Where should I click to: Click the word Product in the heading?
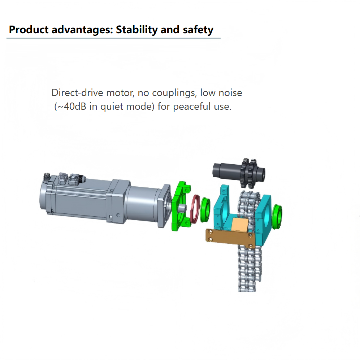click(29, 30)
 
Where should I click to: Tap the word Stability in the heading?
click(136, 30)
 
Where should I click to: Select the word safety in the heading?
click(198, 30)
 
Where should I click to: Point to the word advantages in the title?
click(82, 30)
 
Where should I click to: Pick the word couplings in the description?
click(174, 93)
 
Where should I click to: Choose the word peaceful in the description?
click(192, 107)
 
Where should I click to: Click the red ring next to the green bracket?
click(195, 209)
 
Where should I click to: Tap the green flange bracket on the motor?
click(181, 206)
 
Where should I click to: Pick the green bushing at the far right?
click(277, 217)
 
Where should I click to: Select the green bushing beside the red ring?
click(205, 210)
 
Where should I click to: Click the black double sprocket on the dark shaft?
click(249, 173)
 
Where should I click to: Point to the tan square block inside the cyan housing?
click(240, 225)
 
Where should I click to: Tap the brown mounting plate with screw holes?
click(230, 238)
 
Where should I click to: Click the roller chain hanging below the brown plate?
click(249, 269)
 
